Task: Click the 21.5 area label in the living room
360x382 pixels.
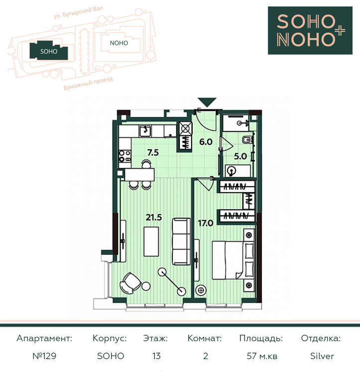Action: (x=154, y=217)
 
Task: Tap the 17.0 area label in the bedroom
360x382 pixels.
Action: (x=206, y=223)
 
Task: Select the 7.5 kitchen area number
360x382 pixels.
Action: (x=153, y=153)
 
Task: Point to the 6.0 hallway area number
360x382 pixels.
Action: (x=206, y=142)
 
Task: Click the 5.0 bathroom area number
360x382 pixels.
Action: (x=240, y=156)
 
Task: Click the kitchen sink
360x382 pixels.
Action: (x=145, y=131)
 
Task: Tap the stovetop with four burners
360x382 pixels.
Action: (x=125, y=156)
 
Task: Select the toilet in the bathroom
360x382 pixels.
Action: (x=247, y=140)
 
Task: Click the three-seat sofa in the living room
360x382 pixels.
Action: (x=181, y=242)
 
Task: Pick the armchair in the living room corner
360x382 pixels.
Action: (x=130, y=283)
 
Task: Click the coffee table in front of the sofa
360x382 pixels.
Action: (x=151, y=241)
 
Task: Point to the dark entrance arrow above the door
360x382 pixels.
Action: (x=207, y=102)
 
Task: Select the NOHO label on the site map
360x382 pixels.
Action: (x=119, y=43)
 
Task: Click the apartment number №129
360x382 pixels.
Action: (x=44, y=356)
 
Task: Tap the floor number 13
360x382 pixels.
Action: (x=156, y=356)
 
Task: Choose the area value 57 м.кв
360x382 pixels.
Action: (x=262, y=356)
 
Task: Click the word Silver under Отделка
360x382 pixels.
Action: (x=322, y=356)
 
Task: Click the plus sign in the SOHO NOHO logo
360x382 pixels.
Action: (x=340, y=31)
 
